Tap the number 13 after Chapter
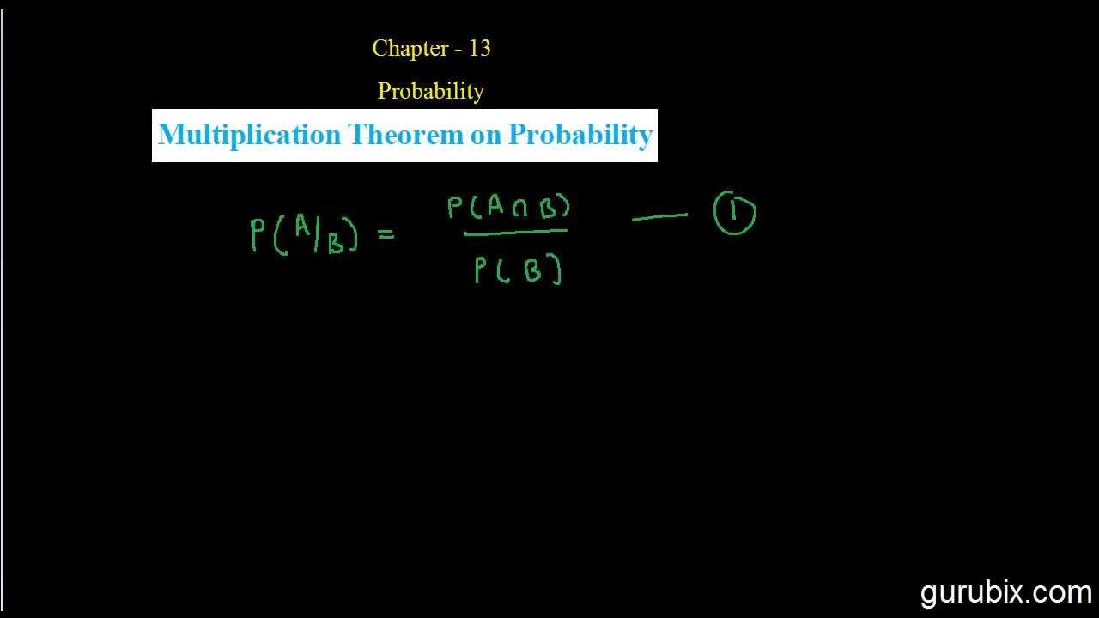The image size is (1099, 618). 479,49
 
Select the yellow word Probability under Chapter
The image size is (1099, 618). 430,91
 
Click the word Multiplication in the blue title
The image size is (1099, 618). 249,136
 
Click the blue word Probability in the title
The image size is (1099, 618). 580,136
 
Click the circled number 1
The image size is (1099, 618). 735,213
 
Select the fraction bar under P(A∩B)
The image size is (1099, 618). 515,232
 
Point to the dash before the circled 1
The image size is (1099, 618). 659,218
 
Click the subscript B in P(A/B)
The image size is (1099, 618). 336,245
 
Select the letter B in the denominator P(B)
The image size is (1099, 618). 532,271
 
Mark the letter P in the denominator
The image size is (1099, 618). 481,271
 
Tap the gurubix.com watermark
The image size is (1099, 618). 1005,592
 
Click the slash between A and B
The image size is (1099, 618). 319,237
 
